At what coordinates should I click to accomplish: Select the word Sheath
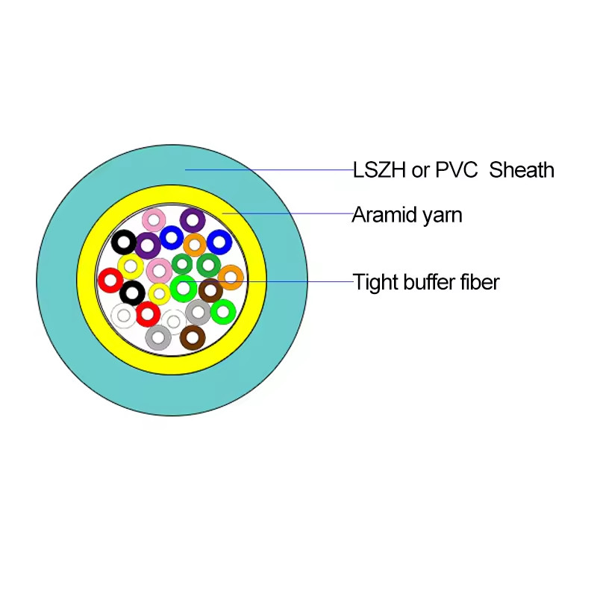(x=522, y=170)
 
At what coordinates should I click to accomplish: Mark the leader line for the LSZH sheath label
(x=269, y=170)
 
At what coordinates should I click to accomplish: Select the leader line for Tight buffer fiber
(x=298, y=281)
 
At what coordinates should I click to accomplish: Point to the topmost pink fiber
(x=154, y=219)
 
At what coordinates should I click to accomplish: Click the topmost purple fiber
(x=193, y=220)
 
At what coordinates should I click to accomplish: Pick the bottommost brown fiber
(x=193, y=337)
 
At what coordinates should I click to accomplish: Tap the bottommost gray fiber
(x=158, y=337)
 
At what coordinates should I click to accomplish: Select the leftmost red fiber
(x=110, y=281)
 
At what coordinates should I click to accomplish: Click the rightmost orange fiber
(x=231, y=278)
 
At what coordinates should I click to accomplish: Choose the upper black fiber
(x=124, y=242)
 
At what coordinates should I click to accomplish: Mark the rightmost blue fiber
(x=219, y=242)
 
